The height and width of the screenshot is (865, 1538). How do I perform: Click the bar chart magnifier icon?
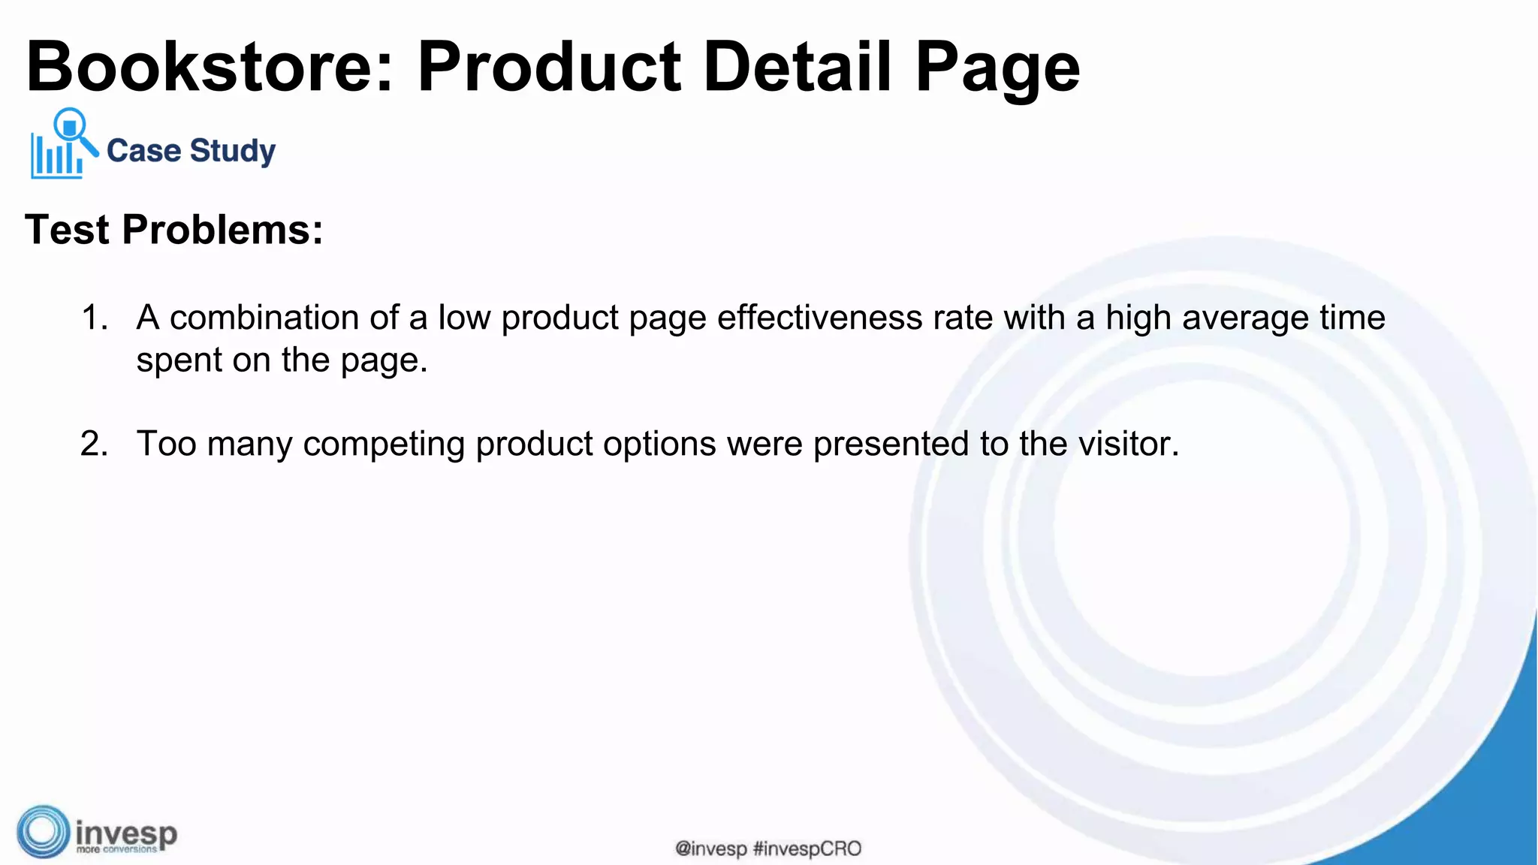point(63,144)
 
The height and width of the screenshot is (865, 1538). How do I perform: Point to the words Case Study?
point(191,151)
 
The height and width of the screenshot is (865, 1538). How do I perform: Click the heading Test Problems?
point(174,230)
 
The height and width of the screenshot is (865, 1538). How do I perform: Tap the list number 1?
point(94,318)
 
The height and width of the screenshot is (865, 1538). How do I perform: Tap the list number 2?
point(94,445)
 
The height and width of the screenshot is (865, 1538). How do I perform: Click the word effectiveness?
point(819,318)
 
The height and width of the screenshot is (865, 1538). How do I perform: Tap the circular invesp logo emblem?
point(44,832)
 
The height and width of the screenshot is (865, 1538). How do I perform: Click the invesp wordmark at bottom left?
point(126,833)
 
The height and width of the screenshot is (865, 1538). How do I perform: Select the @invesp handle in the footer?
point(710,849)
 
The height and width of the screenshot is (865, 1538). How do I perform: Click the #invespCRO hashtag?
point(807,849)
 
